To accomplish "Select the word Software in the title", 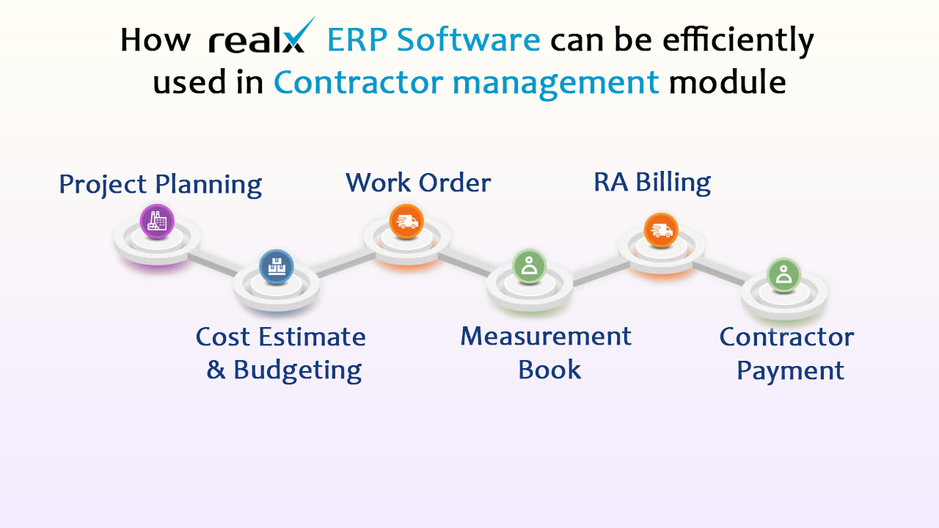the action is click(x=468, y=40).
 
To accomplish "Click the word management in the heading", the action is click(x=555, y=84).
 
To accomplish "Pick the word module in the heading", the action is click(x=727, y=81).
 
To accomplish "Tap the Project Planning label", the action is click(x=160, y=185).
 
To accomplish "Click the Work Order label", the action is click(x=418, y=183).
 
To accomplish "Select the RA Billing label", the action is click(x=652, y=183).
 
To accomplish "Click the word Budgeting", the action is click(x=298, y=371).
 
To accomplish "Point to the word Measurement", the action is click(x=546, y=336).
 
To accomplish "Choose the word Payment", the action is click(x=790, y=371).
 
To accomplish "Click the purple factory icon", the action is click(x=157, y=221).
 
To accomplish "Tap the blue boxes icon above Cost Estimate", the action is click(x=277, y=266).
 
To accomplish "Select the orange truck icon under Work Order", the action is click(x=406, y=221).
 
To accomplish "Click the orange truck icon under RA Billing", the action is click(x=661, y=230).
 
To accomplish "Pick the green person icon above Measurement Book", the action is click(x=529, y=266).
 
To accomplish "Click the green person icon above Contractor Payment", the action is click(x=783, y=275).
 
